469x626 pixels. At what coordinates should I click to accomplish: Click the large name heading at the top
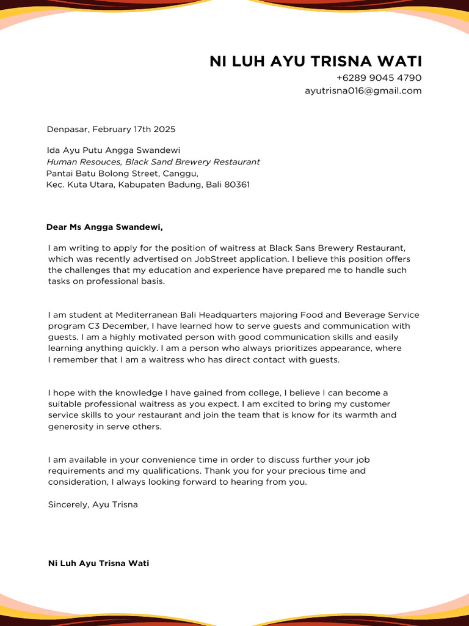pyautogui.click(x=315, y=61)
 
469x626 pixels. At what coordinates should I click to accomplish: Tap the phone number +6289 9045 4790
pyautogui.click(x=379, y=78)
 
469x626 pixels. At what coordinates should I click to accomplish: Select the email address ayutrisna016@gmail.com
pyautogui.click(x=363, y=91)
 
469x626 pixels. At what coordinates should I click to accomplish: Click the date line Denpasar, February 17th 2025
pyautogui.click(x=111, y=130)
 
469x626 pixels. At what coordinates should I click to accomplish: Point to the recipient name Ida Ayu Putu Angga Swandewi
pyautogui.click(x=114, y=150)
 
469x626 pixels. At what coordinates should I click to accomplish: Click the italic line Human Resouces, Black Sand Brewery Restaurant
pyautogui.click(x=153, y=162)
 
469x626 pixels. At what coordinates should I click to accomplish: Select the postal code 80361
pyautogui.click(x=236, y=185)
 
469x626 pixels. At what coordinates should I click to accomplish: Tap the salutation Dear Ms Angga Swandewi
pyautogui.click(x=105, y=227)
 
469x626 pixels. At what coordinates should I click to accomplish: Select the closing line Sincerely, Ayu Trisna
pyautogui.click(x=93, y=505)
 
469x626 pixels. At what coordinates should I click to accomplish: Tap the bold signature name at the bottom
pyautogui.click(x=98, y=563)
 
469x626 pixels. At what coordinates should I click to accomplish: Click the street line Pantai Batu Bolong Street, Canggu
pyautogui.click(x=122, y=174)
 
